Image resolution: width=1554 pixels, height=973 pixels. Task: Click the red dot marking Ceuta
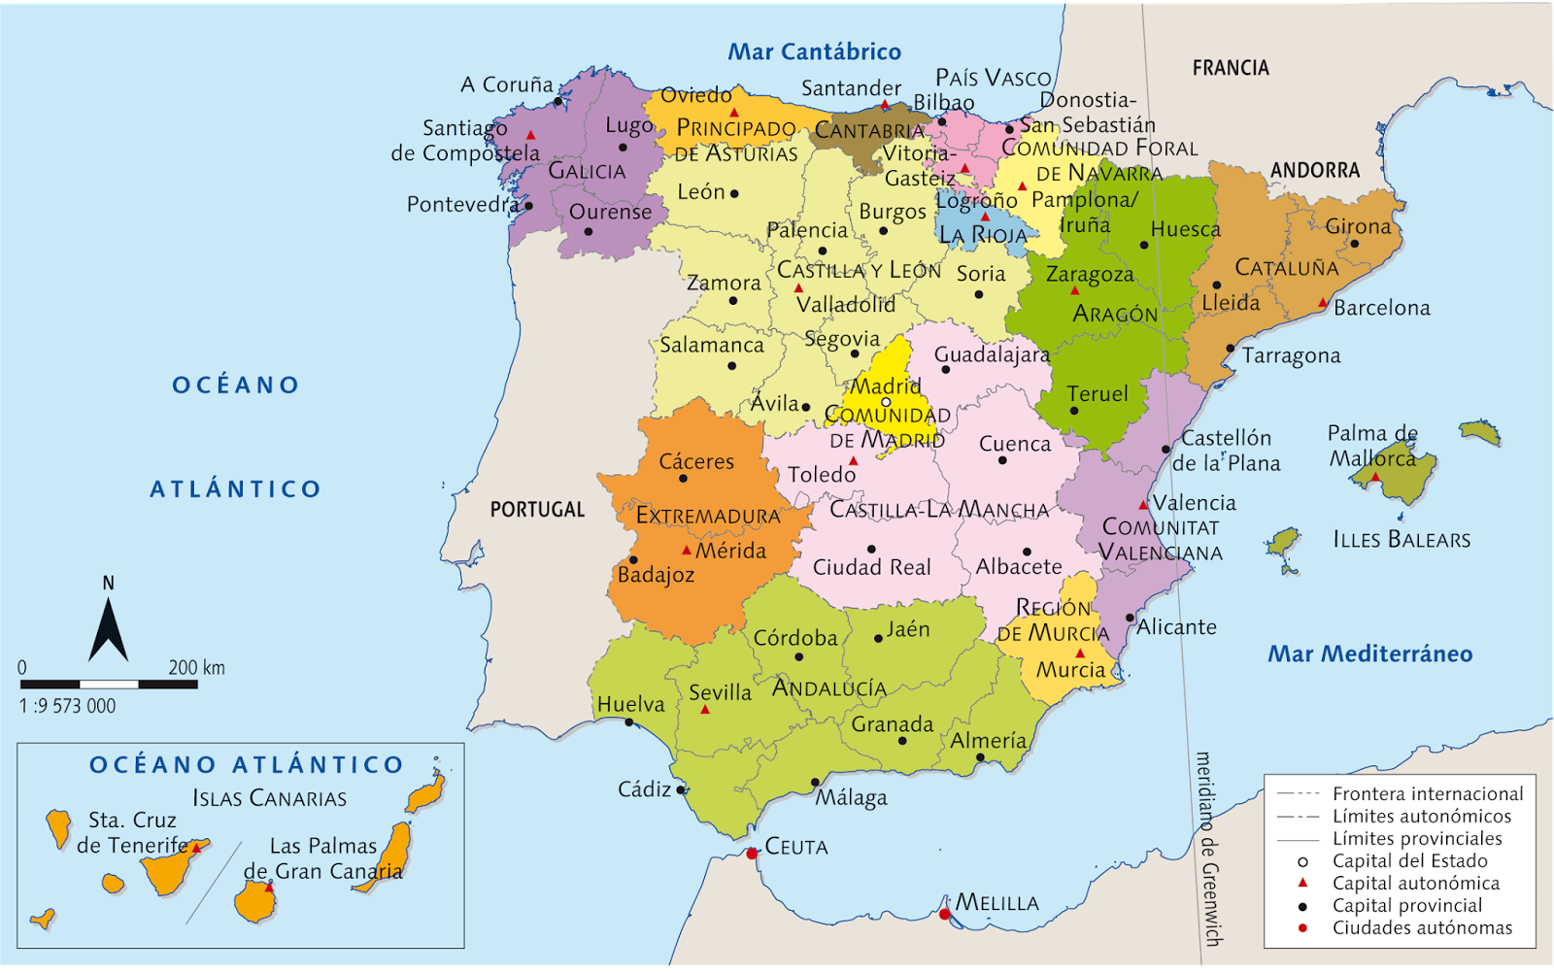752,854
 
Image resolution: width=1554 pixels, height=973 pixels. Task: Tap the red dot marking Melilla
945,914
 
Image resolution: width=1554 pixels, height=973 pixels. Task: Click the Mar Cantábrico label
814,51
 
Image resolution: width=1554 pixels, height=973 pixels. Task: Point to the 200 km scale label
196,667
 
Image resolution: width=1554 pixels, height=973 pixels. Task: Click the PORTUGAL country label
537,510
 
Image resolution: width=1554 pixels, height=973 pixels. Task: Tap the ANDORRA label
1315,171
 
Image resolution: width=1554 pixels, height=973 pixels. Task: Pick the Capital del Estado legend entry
1409,860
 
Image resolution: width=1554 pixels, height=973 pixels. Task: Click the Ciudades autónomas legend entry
1422,927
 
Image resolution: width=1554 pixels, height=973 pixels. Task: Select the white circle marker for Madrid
886,402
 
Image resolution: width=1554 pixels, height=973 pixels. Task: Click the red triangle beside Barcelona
1322,303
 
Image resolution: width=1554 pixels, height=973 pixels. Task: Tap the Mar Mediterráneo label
1369,654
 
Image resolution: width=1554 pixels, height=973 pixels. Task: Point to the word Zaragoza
1090,275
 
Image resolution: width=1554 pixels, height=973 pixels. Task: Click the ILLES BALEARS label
1402,540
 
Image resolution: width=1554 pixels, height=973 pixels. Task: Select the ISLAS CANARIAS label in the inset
269,798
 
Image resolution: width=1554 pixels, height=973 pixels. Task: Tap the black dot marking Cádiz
681,789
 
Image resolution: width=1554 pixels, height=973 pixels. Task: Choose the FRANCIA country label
1231,68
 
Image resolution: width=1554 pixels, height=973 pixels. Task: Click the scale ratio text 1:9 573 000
67,706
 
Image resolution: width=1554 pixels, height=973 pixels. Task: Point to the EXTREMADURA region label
708,516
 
